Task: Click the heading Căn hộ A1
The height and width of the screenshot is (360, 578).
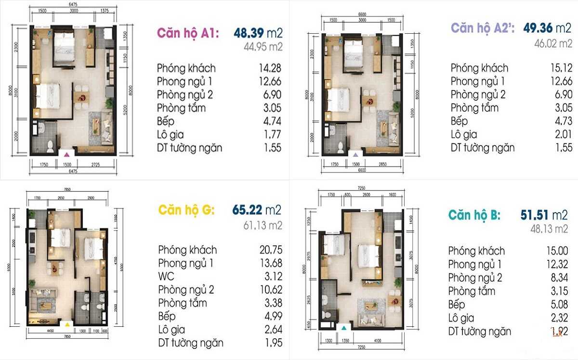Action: [x=188, y=33]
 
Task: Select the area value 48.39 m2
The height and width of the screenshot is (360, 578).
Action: [x=258, y=33]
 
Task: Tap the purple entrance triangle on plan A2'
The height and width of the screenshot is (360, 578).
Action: [x=355, y=154]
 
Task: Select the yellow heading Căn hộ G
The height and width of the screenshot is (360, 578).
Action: [x=186, y=210]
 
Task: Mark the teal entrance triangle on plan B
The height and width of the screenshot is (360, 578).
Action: [x=344, y=327]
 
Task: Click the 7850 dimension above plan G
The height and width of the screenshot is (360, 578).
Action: [x=67, y=190]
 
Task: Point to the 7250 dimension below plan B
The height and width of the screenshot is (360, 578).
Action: [x=356, y=347]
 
